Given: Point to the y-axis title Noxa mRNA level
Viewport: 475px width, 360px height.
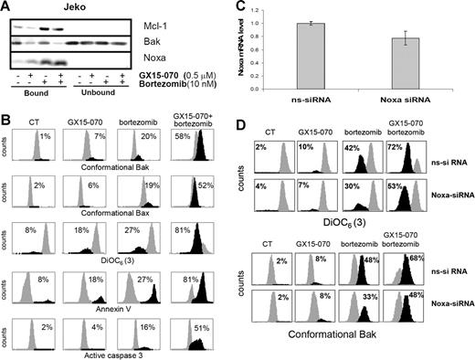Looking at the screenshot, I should pos(246,50).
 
